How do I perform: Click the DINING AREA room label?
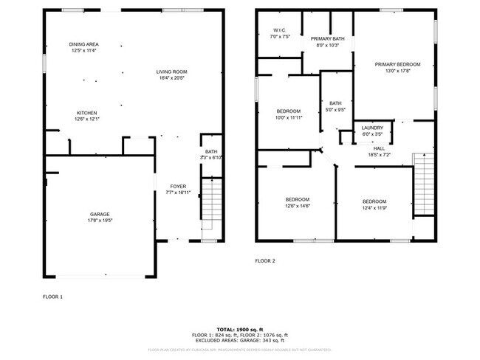pyautogui.click(x=83, y=44)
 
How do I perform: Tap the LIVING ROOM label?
pyautogui.click(x=171, y=72)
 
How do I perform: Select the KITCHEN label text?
pyautogui.click(x=87, y=113)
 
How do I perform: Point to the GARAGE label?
pyautogui.click(x=100, y=214)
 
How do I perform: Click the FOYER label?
pyautogui.click(x=178, y=187)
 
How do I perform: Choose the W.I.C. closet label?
pyautogui.click(x=280, y=30)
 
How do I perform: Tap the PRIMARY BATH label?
pyautogui.click(x=327, y=38)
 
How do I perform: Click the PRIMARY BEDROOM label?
pyautogui.click(x=392, y=65)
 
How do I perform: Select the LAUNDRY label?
pyautogui.click(x=372, y=128)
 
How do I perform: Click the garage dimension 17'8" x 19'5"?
pyautogui.click(x=100, y=221)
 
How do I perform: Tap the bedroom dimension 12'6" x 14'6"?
pyautogui.click(x=298, y=207)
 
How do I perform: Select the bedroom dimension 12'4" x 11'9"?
pyautogui.click(x=374, y=208)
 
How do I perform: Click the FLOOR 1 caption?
pyautogui.click(x=52, y=296)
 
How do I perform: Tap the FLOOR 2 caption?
pyautogui.click(x=264, y=260)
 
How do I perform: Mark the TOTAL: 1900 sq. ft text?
pyautogui.click(x=240, y=329)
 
